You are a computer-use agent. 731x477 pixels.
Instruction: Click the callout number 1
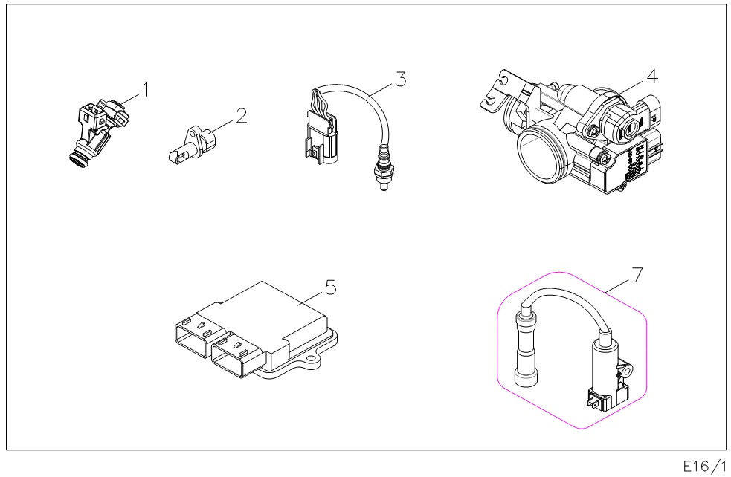tap(146, 89)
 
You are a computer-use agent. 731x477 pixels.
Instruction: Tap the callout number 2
tap(240, 115)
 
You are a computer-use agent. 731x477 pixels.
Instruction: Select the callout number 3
tap(400, 79)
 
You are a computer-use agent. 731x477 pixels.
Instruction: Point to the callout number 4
tap(651, 76)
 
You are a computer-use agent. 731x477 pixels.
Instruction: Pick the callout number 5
tap(331, 287)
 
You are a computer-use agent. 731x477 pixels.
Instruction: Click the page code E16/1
tap(703, 466)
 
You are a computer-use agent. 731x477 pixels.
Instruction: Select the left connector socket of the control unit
tap(193, 338)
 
